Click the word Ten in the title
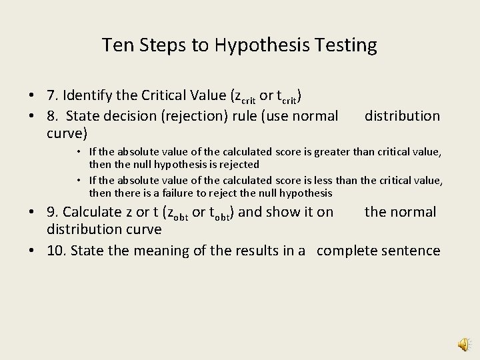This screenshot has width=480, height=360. coord(115,45)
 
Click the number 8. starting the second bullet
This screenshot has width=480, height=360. coord(53,116)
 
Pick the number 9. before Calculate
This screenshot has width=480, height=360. coord(53,212)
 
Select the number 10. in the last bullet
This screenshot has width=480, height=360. coord(57,251)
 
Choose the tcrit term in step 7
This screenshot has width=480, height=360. coord(287,97)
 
